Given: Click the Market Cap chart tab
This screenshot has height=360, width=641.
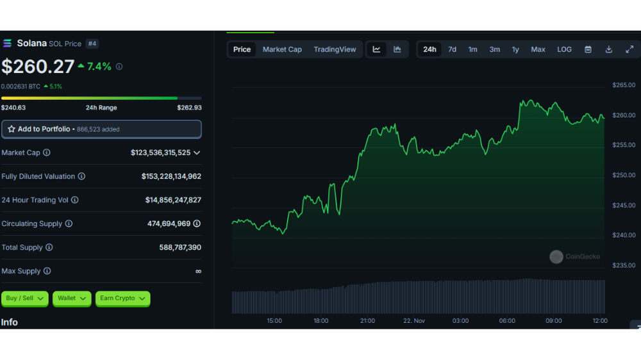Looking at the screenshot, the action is [282, 49].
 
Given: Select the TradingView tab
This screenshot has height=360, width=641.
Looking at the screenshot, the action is [335, 49].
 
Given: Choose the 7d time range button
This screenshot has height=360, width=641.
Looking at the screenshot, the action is [452, 49].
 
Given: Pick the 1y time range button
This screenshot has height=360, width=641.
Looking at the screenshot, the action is [515, 49].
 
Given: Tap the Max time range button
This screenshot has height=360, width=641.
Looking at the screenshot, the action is [538, 49].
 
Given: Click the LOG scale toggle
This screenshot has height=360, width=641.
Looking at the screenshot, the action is [565, 49].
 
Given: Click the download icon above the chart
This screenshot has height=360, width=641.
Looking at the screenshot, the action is [609, 49].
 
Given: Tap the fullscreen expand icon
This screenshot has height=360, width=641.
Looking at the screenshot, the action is [629, 49].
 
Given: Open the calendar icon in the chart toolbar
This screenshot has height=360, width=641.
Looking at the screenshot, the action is [588, 49].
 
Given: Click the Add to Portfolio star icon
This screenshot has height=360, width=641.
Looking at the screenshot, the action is [12, 129].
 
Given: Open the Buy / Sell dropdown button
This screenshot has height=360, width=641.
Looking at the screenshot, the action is [25, 299].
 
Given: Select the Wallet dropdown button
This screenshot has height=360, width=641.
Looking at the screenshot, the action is [72, 299].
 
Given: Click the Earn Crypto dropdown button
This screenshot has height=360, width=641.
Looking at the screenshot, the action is [122, 299].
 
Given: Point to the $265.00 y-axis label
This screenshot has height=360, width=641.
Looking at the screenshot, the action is [624, 85].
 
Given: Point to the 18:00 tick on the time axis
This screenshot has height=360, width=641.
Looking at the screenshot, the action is [321, 321].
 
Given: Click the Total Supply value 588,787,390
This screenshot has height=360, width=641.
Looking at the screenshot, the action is [180, 247].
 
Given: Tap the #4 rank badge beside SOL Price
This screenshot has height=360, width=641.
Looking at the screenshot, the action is [92, 44].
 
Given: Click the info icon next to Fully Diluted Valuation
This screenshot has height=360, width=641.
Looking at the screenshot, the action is [82, 176].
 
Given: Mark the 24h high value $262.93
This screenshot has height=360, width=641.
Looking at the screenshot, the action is [189, 108].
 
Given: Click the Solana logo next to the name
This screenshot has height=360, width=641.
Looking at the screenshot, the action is [7, 44].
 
